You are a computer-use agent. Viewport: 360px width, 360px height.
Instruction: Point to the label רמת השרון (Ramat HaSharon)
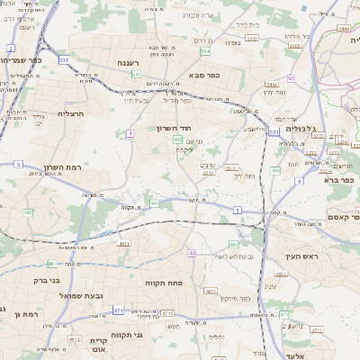(62, 167)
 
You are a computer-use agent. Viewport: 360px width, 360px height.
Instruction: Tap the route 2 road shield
(10, 48)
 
